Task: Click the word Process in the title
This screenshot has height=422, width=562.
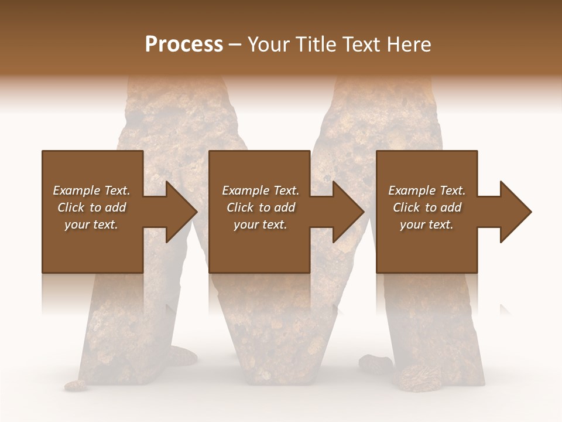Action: click(x=184, y=45)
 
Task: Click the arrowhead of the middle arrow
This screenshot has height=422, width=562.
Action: click(x=348, y=212)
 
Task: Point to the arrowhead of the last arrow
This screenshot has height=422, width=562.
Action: click(x=515, y=212)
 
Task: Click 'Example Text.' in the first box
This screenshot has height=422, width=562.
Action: click(x=91, y=190)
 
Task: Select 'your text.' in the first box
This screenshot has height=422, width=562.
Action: click(x=91, y=224)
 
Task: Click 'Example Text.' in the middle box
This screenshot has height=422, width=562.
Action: click(x=261, y=190)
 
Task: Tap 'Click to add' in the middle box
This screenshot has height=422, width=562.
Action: click(x=261, y=207)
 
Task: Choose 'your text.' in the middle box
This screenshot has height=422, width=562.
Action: click(x=261, y=224)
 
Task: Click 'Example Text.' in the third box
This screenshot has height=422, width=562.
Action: click(x=427, y=190)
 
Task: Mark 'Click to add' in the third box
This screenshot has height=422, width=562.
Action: click(x=427, y=207)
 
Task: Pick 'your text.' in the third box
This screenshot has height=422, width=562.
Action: click(x=427, y=224)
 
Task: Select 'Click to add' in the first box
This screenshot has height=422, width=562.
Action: click(x=91, y=207)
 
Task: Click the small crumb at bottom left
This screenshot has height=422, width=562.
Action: click(x=76, y=385)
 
